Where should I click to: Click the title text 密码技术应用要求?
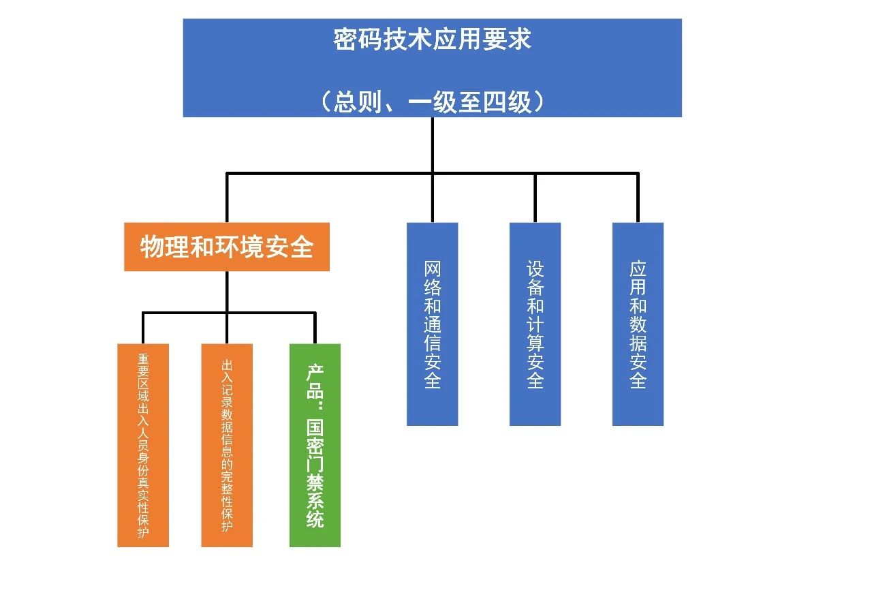(x=432, y=40)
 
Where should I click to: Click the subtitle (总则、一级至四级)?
(x=432, y=102)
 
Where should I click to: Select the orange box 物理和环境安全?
(x=226, y=247)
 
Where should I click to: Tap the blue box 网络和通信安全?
(x=432, y=324)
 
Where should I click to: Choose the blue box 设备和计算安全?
(x=535, y=324)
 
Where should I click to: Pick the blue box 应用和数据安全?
(x=638, y=324)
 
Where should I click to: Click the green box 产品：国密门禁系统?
(x=315, y=445)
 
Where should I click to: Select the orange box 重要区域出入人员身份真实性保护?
(x=143, y=445)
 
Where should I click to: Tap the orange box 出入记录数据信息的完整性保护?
(x=227, y=445)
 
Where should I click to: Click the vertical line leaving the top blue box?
(x=433, y=144)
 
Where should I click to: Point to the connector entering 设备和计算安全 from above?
(x=535, y=198)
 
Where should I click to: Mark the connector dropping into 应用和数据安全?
(x=638, y=198)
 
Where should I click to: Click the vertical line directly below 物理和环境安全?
(x=227, y=292)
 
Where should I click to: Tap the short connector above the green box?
(x=315, y=328)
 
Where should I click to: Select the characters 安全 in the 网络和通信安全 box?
(x=432, y=371)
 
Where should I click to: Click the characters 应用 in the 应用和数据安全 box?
(x=638, y=278)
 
